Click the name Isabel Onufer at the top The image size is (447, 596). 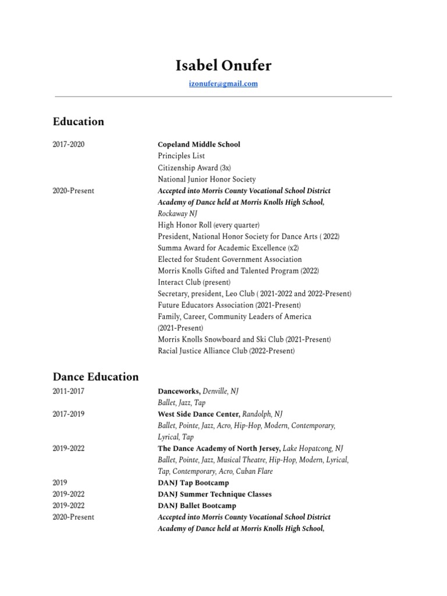[223, 66]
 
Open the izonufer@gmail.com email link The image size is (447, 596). [223, 84]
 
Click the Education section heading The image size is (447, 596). [79, 122]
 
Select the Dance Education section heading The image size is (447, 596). [96, 377]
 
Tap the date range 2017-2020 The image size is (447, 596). [69, 144]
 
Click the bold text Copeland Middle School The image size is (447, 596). [199, 144]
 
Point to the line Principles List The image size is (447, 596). [181, 156]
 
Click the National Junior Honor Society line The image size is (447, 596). [207, 179]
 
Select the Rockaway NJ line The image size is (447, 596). [178, 214]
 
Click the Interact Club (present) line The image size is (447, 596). [194, 282]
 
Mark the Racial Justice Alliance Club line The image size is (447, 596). [226, 351]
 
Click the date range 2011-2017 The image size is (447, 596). [69, 391]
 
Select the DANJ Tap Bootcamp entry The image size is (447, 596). [193, 483]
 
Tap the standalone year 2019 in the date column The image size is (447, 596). [60, 483]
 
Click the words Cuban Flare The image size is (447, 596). [256, 471]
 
